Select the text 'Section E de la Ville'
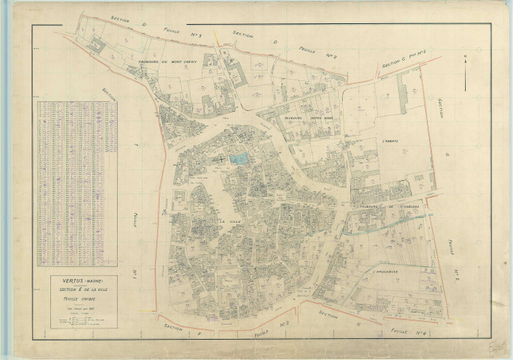pyautogui.click(x=78, y=289)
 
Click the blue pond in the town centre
pyautogui.click(x=240, y=159)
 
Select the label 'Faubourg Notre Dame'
pyautogui.click(x=303, y=118)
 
